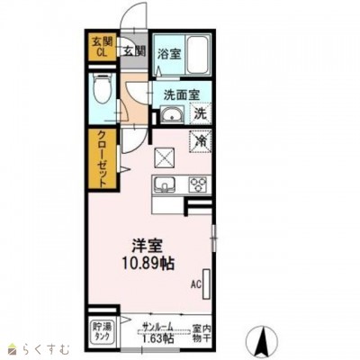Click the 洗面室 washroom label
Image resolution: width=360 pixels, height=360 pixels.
180,94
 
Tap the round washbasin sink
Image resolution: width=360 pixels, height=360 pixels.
171,114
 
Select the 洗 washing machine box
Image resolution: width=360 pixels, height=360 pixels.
201,114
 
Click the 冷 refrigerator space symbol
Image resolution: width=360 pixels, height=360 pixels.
201,142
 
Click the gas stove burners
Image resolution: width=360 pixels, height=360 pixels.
197,184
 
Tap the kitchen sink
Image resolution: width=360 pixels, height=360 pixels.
166,184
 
